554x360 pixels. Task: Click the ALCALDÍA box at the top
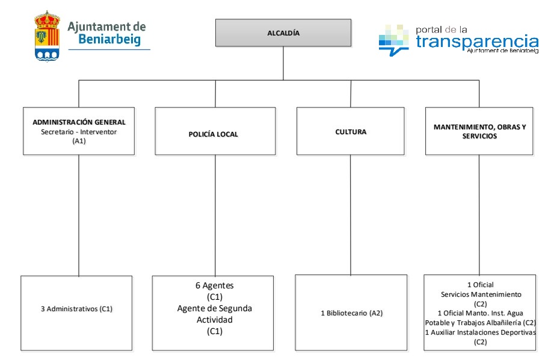(x=283, y=33)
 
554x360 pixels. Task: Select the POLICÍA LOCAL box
(x=215, y=131)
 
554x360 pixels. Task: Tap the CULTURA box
(x=350, y=131)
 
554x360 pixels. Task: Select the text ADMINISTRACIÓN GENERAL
(x=79, y=122)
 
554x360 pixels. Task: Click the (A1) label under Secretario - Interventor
(x=79, y=141)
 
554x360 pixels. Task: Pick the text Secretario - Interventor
(x=79, y=131)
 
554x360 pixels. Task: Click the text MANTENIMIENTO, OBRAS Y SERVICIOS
(x=479, y=131)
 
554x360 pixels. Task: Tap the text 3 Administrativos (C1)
(x=76, y=309)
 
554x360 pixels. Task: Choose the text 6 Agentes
(x=215, y=285)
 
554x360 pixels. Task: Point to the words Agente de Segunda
(x=215, y=308)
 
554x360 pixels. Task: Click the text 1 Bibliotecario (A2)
(x=351, y=313)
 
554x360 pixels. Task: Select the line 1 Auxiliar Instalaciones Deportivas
(x=480, y=332)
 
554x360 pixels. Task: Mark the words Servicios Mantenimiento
(x=481, y=294)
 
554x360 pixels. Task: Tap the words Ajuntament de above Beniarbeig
(x=106, y=26)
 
